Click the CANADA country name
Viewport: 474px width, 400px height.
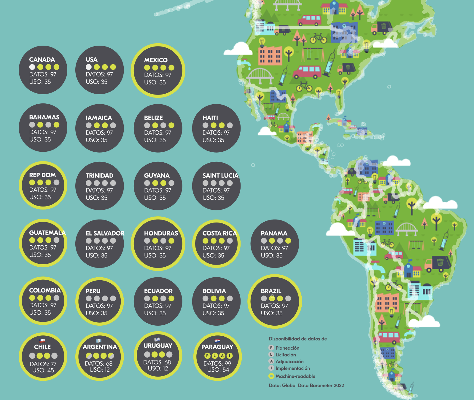(x=42, y=60)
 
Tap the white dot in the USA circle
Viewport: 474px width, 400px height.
(x=89, y=67)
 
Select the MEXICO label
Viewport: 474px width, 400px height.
(x=156, y=60)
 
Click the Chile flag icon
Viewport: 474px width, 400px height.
(x=42, y=341)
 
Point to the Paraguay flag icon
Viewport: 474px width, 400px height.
(x=217, y=341)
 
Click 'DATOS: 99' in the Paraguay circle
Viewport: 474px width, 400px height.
(x=217, y=363)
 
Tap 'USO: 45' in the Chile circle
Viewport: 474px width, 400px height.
(x=43, y=370)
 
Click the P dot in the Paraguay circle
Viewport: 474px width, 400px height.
(x=207, y=356)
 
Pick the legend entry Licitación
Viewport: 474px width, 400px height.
(x=286, y=355)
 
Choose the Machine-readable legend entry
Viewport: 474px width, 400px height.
(x=295, y=376)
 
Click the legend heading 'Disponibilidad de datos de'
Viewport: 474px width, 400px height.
(x=298, y=339)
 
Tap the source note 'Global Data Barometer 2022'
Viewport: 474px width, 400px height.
(x=313, y=385)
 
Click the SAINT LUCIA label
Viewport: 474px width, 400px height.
(x=220, y=176)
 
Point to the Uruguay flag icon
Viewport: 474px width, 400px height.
(x=157, y=340)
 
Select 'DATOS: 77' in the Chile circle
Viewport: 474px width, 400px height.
(x=43, y=364)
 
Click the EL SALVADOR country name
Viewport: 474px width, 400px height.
(x=105, y=233)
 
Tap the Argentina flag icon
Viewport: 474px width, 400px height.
(x=99, y=341)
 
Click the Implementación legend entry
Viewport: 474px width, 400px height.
(x=292, y=368)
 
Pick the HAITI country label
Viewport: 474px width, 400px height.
(x=210, y=118)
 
